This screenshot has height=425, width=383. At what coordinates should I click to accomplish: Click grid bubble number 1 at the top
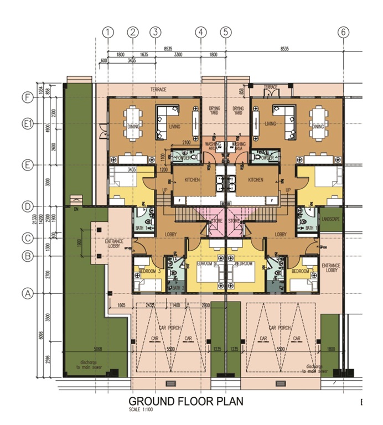[x=108, y=32]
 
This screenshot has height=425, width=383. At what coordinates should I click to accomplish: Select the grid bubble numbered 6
[x=344, y=32]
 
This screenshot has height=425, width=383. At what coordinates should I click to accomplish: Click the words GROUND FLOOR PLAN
[x=185, y=401]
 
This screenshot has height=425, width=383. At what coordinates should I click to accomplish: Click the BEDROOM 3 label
[x=149, y=271]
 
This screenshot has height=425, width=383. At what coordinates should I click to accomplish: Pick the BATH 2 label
[x=177, y=288]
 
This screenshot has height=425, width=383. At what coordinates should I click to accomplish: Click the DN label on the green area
[x=69, y=210]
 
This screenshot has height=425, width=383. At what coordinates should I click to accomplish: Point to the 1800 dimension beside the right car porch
[x=330, y=349]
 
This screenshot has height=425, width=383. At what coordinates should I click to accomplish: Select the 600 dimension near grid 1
[x=103, y=60]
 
